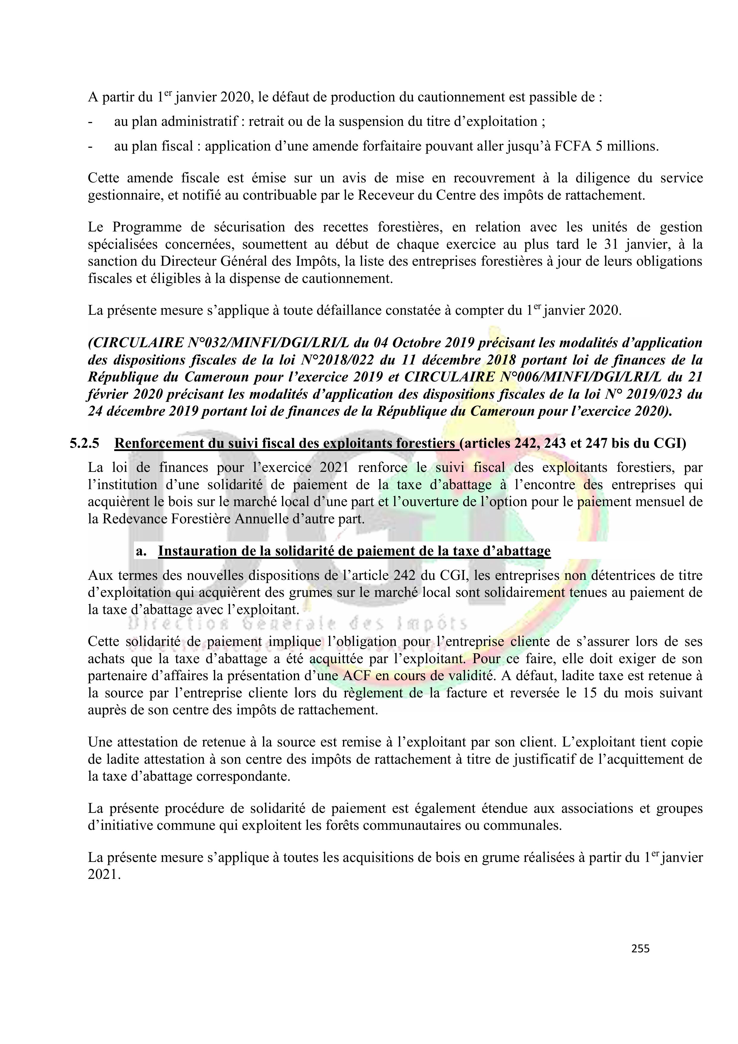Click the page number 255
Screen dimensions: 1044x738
(640, 948)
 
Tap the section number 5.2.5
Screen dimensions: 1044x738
(84, 443)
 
